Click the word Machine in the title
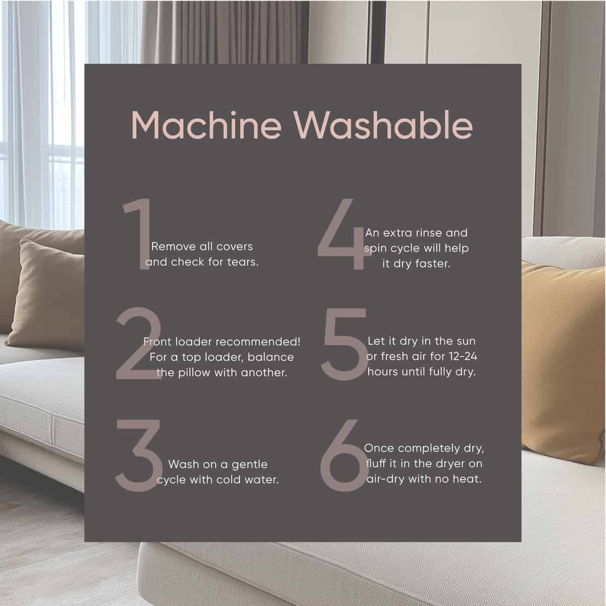point(206,125)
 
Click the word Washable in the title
point(383,125)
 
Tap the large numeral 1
point(138,234)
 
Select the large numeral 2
point(138,343)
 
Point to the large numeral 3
point(139,456)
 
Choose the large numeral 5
point(344,344)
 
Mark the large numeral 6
point(344,456)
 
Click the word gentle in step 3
point(249,465)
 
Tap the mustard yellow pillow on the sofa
point(563,362)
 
